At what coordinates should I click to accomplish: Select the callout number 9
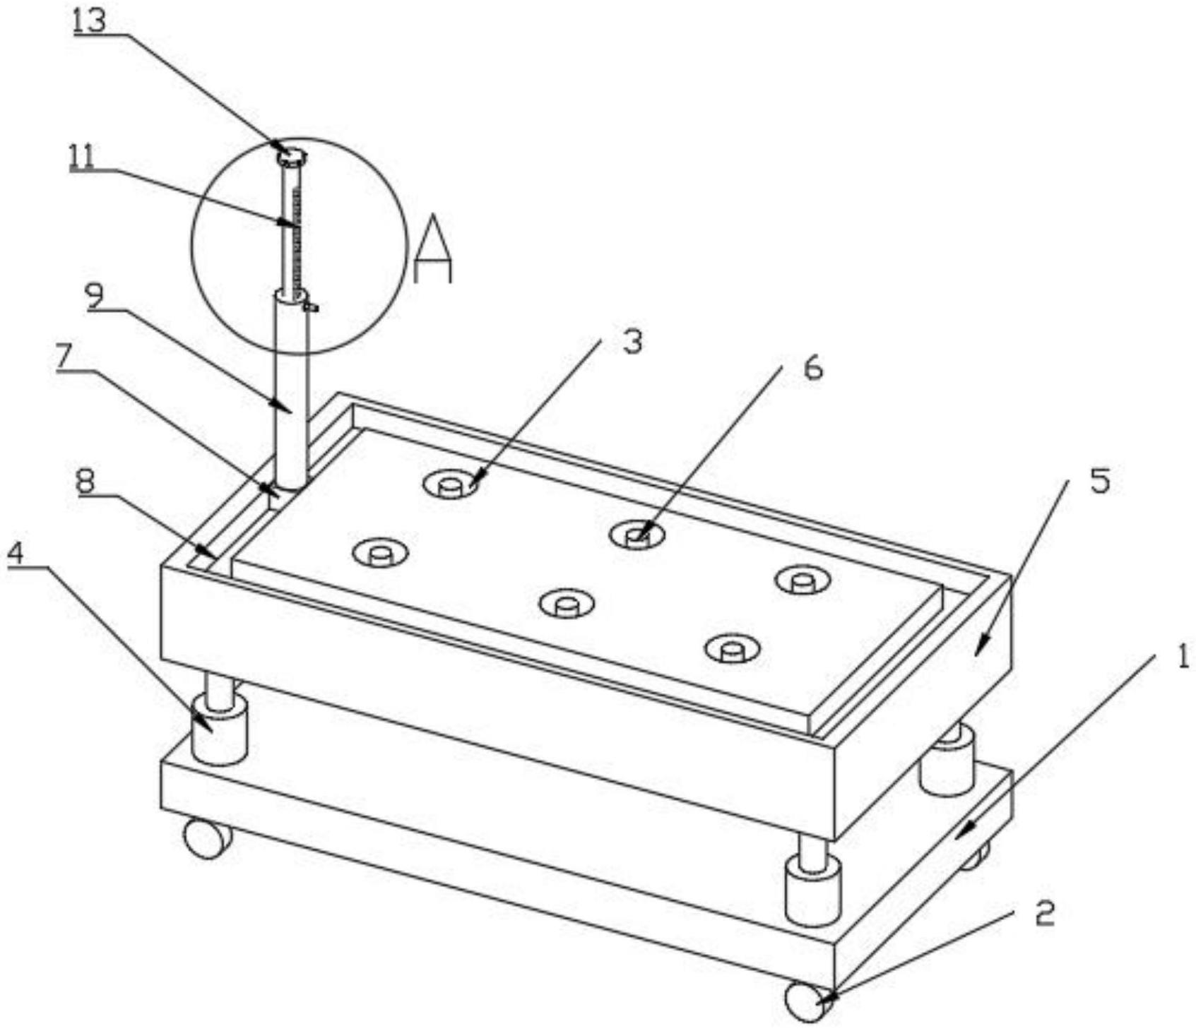(x=95, y=297)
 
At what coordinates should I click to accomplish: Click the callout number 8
(x=85, y=482)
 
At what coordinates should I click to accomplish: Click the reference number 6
(x=813, y=368)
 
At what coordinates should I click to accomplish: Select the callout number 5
(x=1100, y=480)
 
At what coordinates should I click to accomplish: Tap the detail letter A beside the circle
(x=432, y=251)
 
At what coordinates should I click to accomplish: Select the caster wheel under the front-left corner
(x=207, y=838)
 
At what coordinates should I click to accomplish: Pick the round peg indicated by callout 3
(x=450, y=485)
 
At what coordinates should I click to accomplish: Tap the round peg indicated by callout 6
(x=637, y=536)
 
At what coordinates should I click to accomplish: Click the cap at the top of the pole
(x=291, y=155)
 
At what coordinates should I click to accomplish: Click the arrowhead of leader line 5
(x=978, y=650)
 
